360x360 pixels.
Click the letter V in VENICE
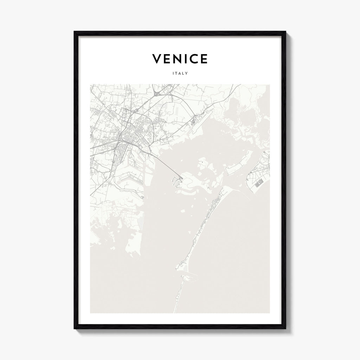[157, 59]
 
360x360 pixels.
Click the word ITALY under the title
[180, 73]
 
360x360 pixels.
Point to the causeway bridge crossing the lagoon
[165, 165]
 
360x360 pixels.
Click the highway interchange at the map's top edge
[158, 93]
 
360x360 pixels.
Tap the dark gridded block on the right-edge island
[259, 182]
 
